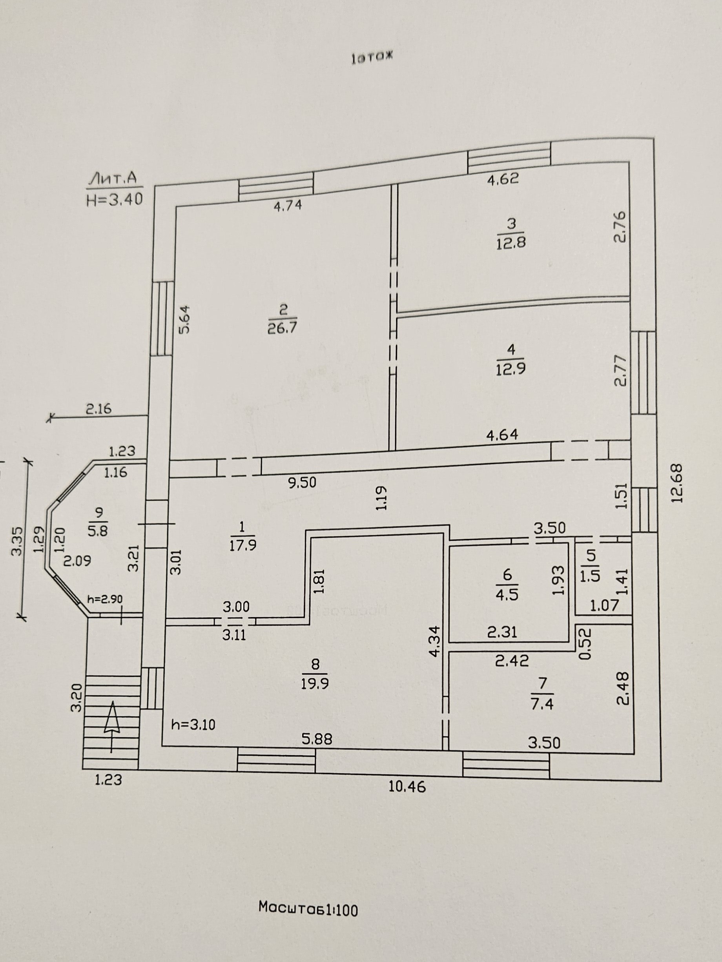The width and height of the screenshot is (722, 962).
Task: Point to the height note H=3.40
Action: [x=115, y=199]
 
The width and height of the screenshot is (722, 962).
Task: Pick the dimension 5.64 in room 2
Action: [x=185, y=319]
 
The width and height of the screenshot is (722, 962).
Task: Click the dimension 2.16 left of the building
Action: [x=98, y=408]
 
